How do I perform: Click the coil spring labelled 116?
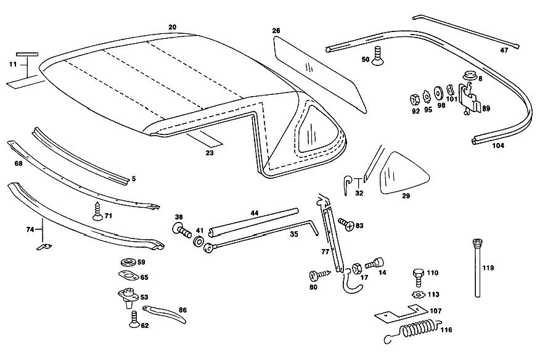tap(412, 332)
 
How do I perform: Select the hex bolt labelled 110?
tap(419, 277)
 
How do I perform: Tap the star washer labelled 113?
tap(419, 295)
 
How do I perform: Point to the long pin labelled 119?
tap(477, 268)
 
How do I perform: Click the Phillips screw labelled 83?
tap(346, 224)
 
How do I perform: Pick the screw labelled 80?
tap(319, 275)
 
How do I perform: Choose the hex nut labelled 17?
tap(357, 268)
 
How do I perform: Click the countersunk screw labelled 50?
tap(377, 56)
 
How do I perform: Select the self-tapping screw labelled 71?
tap(98, 213)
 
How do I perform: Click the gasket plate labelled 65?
tap(128, 276)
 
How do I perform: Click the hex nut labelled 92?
tap(415, 100)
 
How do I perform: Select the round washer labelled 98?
tap(439, 93)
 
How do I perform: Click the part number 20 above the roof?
tap(172, 27)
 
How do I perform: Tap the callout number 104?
tap(498, 145)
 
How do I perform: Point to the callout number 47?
tap(504, 51)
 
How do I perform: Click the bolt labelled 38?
tap(181, 230)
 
